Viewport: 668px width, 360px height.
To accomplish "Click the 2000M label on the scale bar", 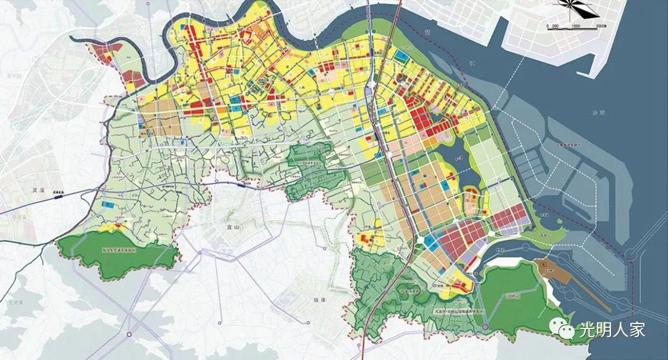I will [599, 26].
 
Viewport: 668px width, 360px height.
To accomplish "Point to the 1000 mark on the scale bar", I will [575, 26].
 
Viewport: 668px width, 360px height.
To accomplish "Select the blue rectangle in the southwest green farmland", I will [108, 204].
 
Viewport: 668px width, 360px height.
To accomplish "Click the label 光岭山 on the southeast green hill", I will [511, 295].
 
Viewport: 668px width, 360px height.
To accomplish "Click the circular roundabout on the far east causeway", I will [632, 254].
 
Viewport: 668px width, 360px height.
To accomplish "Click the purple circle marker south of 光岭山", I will [486, 326].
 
